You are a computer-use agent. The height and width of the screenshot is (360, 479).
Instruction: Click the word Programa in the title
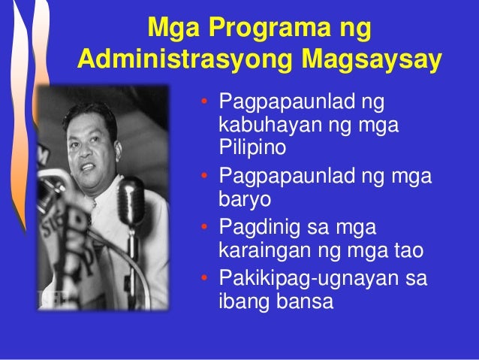256,32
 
